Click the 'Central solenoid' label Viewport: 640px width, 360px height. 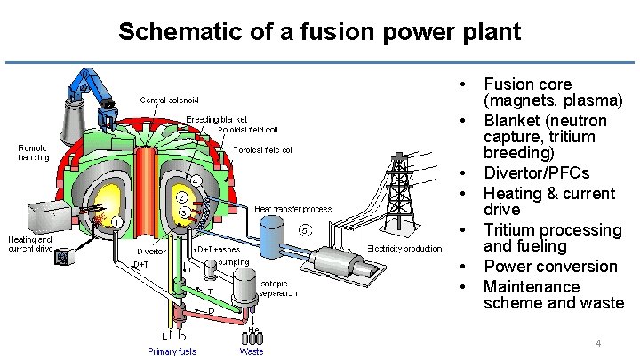coord(169,99)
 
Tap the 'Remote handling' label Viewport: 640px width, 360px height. coord(34,152)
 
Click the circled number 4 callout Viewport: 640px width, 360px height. coord(196,182)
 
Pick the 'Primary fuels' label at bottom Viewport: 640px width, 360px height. coord(173,352)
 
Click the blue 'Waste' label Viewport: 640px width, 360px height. coord(252,352)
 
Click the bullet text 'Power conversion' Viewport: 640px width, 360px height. coord(549,267)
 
